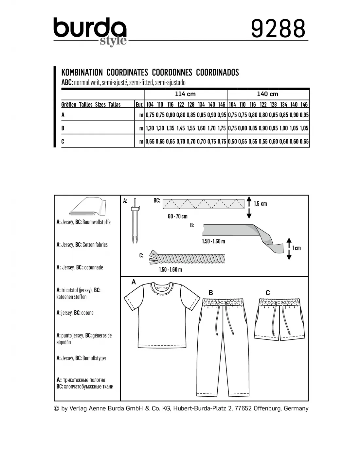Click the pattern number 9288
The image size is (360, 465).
click(x=278, y=28)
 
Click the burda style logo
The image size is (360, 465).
click(x=90, y=31)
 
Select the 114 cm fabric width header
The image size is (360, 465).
click(x=185, y=94)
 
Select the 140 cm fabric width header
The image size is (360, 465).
click(x=267, y=94)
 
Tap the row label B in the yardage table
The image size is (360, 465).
click(x=63, y=128)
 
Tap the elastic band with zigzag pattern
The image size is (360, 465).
click(x=204, y=204)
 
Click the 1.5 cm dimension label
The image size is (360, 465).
click(x=261, y=204)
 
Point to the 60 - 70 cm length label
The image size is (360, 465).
click(x=178, y=216)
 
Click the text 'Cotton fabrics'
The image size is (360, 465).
click(x=95, y=245)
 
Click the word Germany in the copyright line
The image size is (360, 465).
click(x=296, y=408)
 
